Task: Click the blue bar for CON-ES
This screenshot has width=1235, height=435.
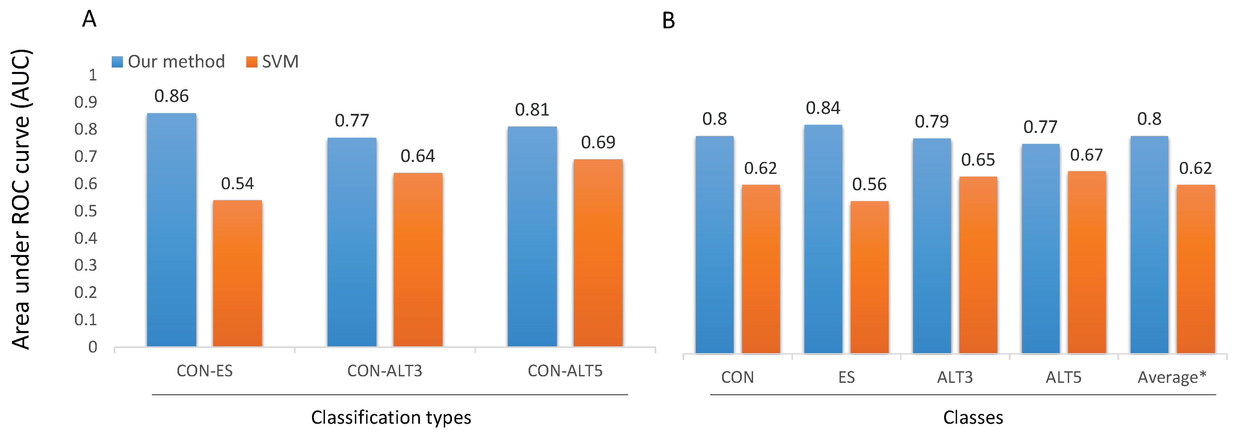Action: [171, 230]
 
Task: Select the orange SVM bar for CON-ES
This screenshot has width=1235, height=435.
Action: [237, 273]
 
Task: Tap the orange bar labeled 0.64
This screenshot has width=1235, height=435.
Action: [418, 259]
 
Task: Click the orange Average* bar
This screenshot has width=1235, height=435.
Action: [1196, 269]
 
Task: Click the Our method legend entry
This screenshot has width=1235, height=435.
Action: [168, 62]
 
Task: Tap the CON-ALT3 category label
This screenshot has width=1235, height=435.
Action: [385, 371]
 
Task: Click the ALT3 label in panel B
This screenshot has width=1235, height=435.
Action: [955, 377]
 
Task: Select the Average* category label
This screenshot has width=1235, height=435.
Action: [1172, 377]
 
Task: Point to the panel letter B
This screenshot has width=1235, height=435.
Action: [668, 21]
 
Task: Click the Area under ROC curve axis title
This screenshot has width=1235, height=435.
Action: [21, 199]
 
